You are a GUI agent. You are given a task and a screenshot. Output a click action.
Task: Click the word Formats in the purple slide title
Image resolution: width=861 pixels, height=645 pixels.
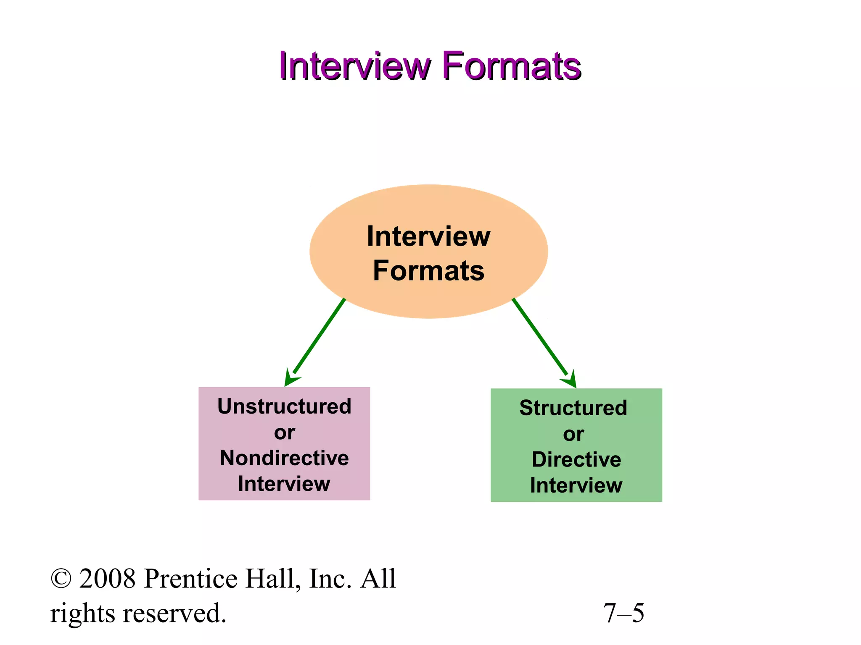point(512,66)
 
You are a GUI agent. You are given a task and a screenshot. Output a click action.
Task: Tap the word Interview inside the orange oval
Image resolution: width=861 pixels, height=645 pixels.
point(428,236)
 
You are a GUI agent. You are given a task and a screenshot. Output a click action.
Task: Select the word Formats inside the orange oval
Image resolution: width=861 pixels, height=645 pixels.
point(428,271)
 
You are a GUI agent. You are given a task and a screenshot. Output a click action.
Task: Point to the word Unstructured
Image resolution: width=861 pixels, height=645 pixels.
point(284,406)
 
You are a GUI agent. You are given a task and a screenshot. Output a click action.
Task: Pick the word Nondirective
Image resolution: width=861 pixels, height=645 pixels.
point(284,458)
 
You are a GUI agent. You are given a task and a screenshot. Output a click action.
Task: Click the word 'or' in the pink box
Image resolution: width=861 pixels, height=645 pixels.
point(284,433)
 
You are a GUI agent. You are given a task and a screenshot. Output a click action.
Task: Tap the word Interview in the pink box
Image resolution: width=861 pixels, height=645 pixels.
point(284,484)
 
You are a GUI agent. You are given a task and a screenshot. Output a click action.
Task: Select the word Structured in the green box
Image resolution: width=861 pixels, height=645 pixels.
point(573,408)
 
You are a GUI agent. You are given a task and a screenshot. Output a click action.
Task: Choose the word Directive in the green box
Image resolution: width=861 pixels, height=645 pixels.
point(576,460)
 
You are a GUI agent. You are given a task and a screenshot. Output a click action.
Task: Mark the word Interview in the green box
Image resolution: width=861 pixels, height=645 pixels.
point(576,485)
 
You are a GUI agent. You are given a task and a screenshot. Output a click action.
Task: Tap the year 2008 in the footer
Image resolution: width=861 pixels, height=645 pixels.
point(108,579)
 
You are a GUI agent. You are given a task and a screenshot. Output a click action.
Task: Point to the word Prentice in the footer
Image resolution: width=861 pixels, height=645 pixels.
point(191,579)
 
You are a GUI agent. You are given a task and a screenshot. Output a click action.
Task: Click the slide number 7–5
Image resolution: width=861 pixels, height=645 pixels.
point(623,614)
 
